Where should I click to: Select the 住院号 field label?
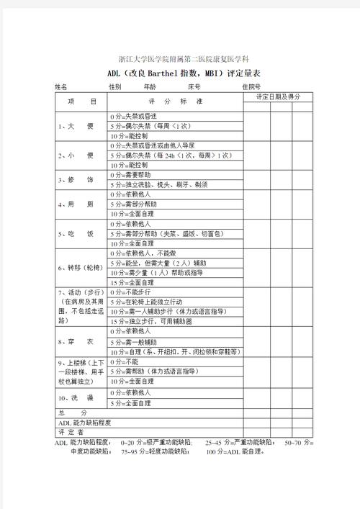coord(252,86)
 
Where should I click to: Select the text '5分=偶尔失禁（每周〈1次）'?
coord(150,126)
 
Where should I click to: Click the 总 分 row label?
coord(66,413)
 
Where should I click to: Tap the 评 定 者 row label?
coord(71,433)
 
